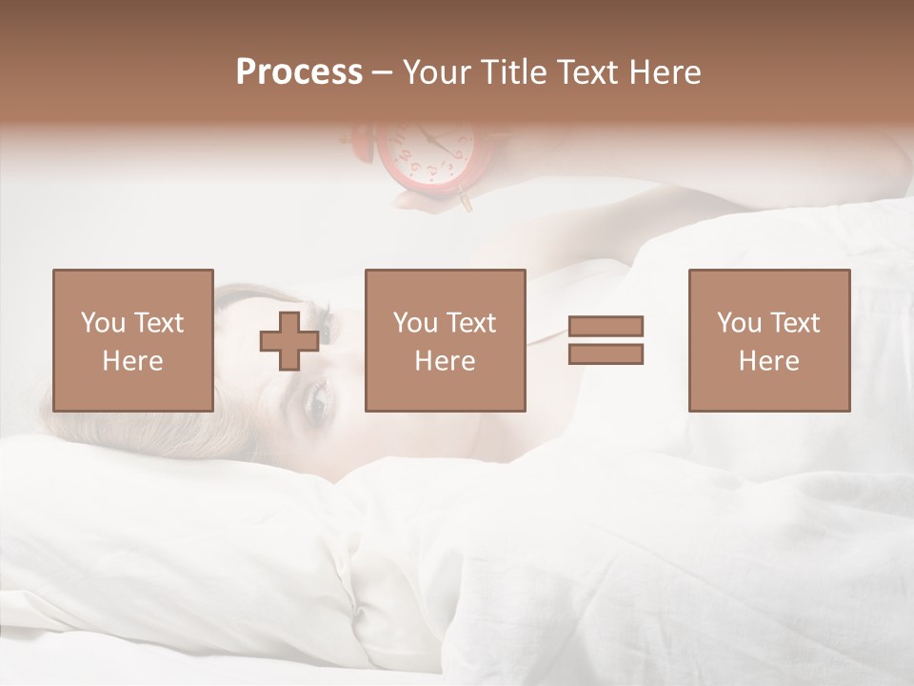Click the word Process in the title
click(x=299, y=72)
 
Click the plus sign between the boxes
click(x=289, y=341)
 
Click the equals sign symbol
click(x=606, y=340)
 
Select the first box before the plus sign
click(x=132, y=340)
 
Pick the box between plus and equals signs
click(x=445, y=340)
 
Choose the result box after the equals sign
click(x=768, y=340)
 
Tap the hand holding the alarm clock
click(x=419, y=198)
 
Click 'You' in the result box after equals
click(x=740, y=323)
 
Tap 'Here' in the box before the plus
click(x=132, y=361)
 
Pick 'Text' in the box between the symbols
click(x=471, y=323)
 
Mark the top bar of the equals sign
click(x=606, y=327)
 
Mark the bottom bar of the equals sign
click(x=606, y=353)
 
